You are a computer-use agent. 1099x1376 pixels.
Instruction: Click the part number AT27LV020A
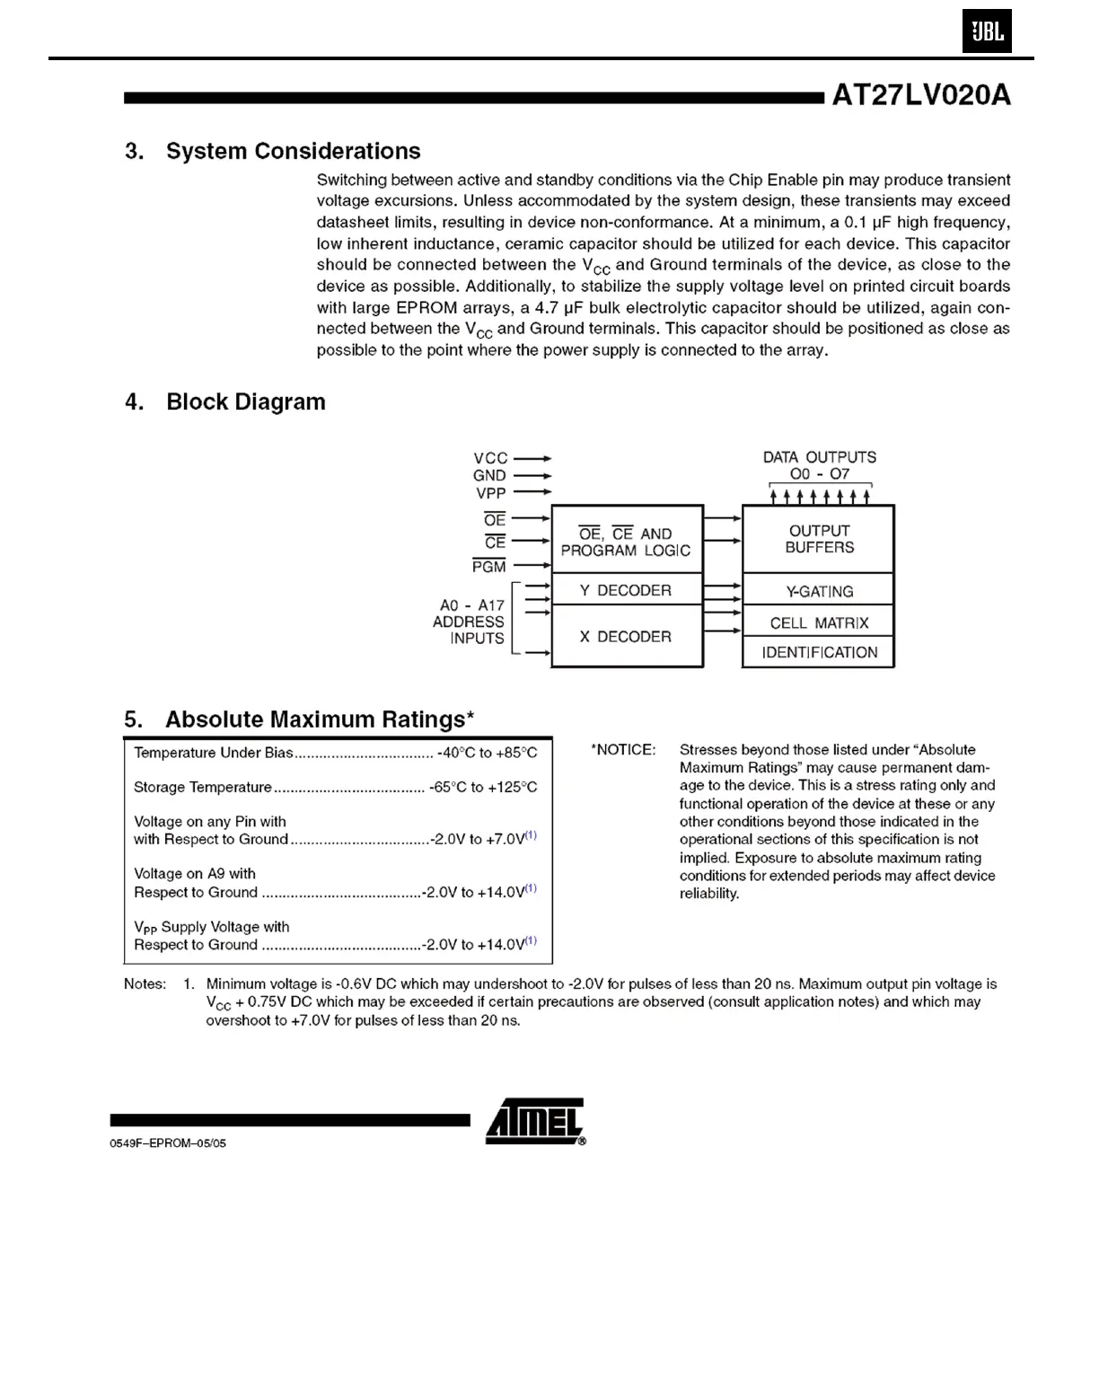coord(921,95)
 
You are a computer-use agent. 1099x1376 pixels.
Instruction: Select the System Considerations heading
coord(272,151)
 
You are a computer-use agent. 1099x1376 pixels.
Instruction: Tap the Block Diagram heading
coord(224,401)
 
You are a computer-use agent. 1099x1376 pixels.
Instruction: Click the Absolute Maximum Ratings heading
coord(299,719)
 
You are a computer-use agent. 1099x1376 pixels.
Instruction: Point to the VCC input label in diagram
coord(490,458)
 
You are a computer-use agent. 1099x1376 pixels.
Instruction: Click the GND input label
coord(489,475)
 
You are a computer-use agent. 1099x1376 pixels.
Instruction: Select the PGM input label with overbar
coord(489,566)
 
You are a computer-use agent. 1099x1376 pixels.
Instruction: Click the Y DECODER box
coord(626,590)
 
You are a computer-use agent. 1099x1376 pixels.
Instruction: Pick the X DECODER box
coord(626,636)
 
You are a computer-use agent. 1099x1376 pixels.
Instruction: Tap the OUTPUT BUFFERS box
coord(819,539)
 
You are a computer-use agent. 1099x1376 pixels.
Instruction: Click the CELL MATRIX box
coord(819,622)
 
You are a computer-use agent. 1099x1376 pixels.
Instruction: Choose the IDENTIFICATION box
coord(819,652)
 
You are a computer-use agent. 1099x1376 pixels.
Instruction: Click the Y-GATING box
coord(819,591)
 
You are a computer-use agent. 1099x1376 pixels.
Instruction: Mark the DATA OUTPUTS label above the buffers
coord(819,457)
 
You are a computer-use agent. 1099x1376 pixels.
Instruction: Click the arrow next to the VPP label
coord(532,492)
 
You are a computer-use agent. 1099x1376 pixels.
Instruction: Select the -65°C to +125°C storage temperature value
coord(483,788)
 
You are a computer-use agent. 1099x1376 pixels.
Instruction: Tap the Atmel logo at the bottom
coord(535,1121)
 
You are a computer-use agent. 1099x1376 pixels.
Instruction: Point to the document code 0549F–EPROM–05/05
coord(168,1143)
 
